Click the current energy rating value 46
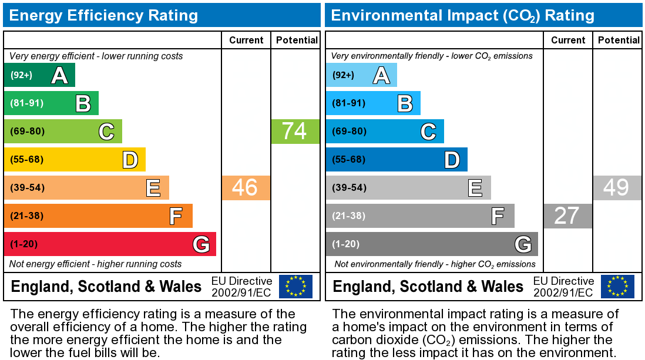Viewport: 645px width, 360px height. (246, 188)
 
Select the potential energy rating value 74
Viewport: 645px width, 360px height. (295, 131)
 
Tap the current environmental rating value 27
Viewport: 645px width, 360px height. (567, 216)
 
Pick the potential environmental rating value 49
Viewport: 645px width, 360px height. (617, 188)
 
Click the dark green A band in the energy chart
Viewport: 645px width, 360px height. (39, 75)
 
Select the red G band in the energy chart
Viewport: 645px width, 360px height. (110, 244)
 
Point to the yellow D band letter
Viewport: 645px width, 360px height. (130, 160)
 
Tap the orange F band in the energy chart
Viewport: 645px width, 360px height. (98, 216)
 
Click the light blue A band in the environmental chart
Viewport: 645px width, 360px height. (361, 75)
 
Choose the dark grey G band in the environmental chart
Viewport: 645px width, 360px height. (432, 244)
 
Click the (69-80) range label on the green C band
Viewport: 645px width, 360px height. (27, 131)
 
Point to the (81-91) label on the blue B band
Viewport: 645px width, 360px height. (349, 103)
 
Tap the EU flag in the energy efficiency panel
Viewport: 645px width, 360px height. (295, 287)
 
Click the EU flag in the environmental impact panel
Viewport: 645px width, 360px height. (617, 287)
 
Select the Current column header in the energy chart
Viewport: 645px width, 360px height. (246, 40)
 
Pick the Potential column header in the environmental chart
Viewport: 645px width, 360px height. (618, 40)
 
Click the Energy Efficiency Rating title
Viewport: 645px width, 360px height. (104, 15)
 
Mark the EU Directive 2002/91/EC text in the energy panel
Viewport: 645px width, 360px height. (241, 287)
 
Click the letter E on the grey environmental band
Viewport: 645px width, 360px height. (475, 188)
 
